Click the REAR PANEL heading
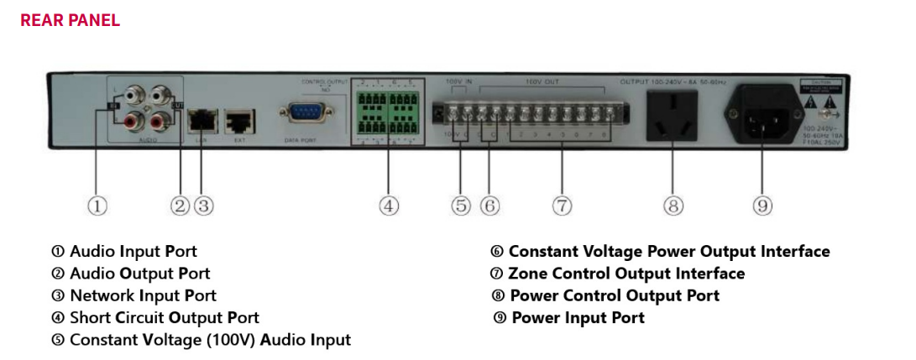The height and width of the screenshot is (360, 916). (71, 20)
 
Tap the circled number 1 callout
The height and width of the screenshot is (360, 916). (97, 206)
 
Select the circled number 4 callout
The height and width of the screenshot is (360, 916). (388, 206)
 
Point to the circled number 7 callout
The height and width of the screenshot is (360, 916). (563, 206)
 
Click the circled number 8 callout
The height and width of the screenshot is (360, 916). (673, 206)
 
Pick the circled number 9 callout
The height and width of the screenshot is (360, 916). (762, 206)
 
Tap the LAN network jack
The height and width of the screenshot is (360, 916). (202, 120)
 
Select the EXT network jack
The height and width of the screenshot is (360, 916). (239, 120)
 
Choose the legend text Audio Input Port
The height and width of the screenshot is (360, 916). (133, 252)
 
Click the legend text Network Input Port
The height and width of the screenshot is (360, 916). (143, 295)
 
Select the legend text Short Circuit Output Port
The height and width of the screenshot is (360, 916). (164, 318)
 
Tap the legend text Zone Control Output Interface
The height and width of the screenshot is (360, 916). (625, 274)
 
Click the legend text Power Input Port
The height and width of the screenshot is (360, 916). (578, 318)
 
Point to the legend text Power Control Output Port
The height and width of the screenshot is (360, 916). (614, 295)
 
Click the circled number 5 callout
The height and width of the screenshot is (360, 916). (461, 206)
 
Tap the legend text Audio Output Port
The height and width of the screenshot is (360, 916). (139, 274)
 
